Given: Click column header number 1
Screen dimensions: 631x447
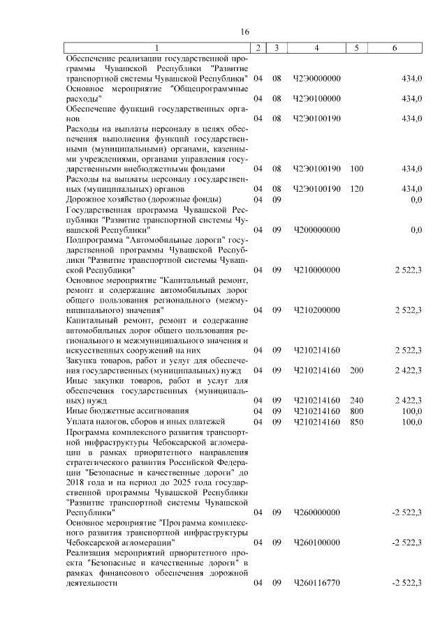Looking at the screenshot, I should (x=157, y=47).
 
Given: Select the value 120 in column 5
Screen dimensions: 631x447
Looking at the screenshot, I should (x=357, y=189).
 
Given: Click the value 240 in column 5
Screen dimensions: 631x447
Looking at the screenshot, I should (x=357, y=400).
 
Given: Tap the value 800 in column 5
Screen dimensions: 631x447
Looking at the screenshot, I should (x=357, y=411).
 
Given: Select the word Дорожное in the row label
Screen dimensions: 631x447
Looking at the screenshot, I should (x=85, y=199).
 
